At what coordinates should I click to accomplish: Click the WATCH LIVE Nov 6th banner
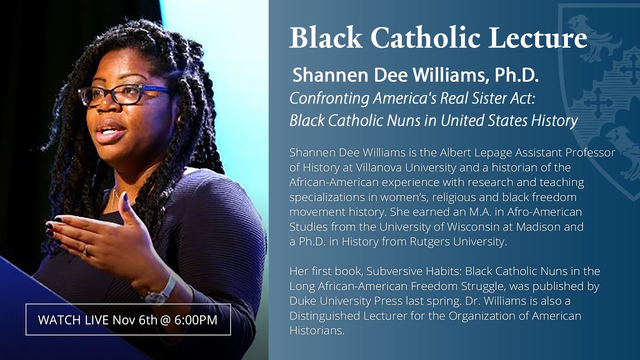[x=128, y=319]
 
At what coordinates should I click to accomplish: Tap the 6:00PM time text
[x=195, y=319]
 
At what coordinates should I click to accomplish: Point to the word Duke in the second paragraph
[x=301, y=301]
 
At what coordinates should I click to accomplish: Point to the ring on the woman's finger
[x=85, y=248]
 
